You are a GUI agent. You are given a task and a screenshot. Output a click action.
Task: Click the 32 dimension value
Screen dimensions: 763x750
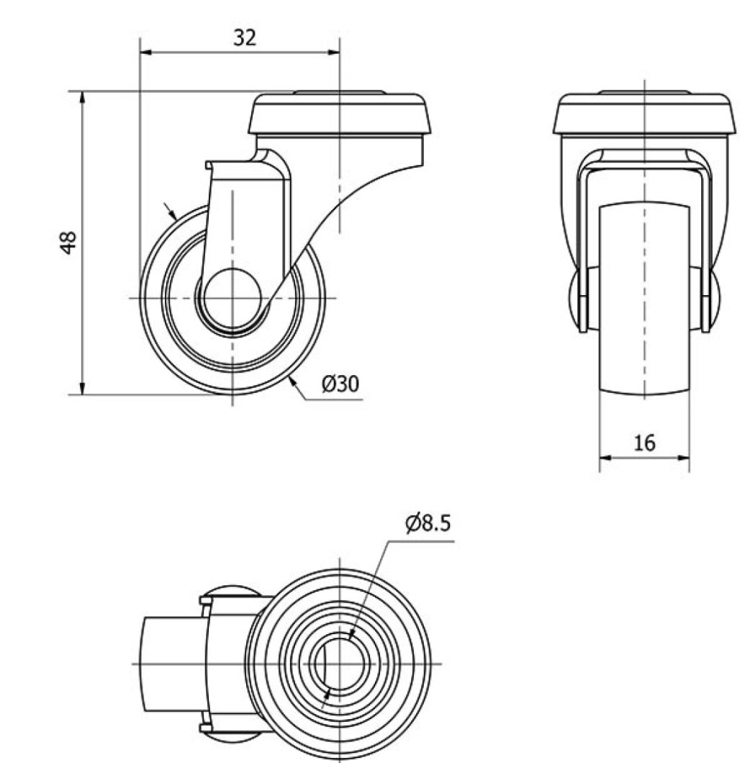245,37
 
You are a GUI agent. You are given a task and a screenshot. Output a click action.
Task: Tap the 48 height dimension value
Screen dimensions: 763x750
68,242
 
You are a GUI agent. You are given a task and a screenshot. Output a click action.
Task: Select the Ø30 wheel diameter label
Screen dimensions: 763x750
339,384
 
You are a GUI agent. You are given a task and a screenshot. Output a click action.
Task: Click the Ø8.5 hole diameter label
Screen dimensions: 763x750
428,523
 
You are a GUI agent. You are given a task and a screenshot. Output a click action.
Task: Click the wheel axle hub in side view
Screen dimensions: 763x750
232,298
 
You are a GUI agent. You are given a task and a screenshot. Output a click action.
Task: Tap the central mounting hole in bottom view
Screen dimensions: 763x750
340,662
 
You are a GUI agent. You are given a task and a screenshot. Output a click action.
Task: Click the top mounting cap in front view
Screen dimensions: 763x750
645,114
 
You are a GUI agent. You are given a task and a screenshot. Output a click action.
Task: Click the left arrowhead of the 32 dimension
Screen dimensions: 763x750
145,52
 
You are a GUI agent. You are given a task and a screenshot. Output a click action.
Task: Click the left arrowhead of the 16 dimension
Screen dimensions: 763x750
605,457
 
